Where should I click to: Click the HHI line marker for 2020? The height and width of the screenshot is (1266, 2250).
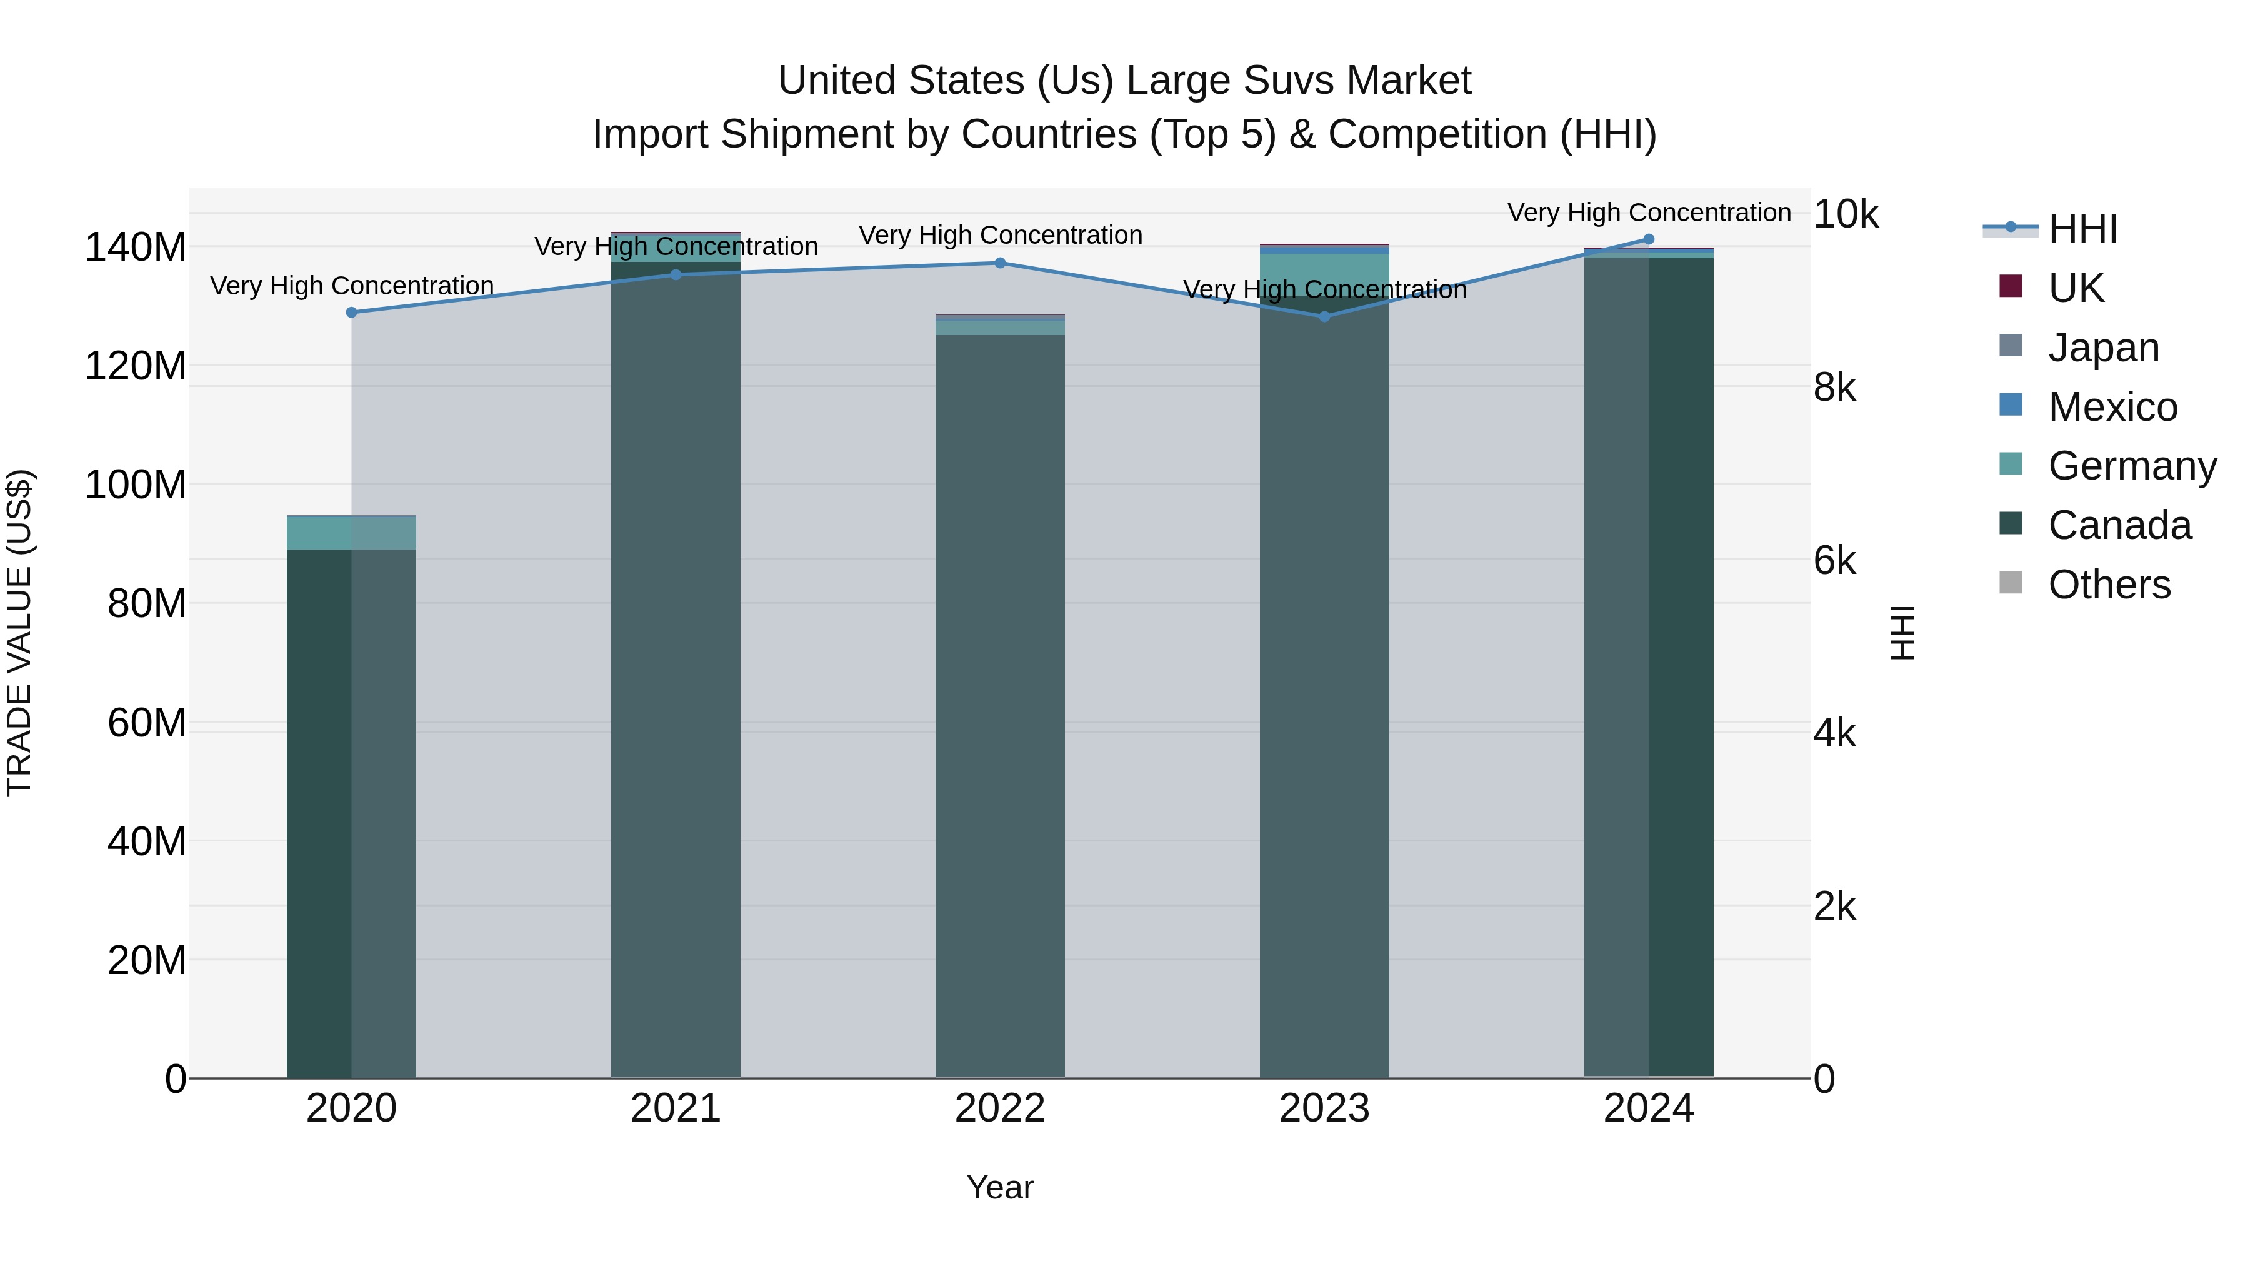pyautogui.click(x=351, y=313)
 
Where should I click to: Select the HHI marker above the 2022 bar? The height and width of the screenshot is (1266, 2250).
pyautogui.click(x=1000, y=263)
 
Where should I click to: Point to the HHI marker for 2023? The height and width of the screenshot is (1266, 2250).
pyautogui.click(x=1324, y=316)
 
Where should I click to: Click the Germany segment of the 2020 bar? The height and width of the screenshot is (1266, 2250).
pyautogui.click(x=351, y=533)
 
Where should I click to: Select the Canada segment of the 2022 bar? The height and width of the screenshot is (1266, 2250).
pyautogui.click(x=1000, y=699)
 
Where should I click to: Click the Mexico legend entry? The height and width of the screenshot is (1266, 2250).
pyautogui.click(x=2112, y=407)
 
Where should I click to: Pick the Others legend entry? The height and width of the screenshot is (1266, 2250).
pyautogui.click(x=2109, y=585)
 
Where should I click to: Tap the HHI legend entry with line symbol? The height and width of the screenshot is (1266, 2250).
pyautogui.click(x=2082, y=229)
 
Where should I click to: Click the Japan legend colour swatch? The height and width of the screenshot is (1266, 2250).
pyautogui.click(x=2011, y=345)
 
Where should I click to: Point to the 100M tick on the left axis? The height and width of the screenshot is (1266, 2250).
pyautogui.click(x=136, y=485)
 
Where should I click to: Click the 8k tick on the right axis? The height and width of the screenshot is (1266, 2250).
pyautogui.click(x=1834, y=387)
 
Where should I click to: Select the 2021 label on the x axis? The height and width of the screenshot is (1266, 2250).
pyautogui.click(x=675, y=1108)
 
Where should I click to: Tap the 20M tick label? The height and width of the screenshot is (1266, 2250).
pyautogui.click(x=146, y=960)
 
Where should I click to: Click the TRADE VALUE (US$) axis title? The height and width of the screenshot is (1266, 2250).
pyautogui.click(x=19, y=633)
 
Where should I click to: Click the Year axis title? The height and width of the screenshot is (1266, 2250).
pyautogui.click(x=1000, y=1187)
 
